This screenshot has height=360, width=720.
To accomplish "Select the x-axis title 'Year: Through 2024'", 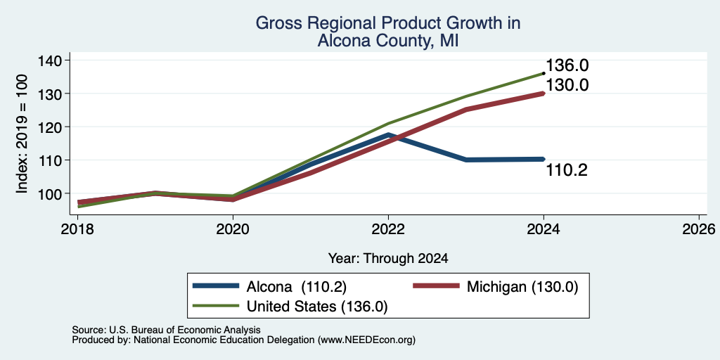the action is (x=388, y=259).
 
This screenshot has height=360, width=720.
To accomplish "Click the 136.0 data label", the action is (x=567, y=65).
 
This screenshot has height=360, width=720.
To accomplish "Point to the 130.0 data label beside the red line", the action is (x=567, y=85).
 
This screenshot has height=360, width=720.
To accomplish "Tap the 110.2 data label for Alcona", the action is (x=567, y=171).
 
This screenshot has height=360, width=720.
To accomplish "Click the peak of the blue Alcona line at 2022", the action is (x=388, y=135).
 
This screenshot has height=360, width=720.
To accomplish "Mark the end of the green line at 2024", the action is (x=544, y=73).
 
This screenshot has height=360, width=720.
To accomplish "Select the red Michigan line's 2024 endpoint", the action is (x=544, y=94).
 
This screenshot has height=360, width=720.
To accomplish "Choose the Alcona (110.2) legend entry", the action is (x=269, y=286).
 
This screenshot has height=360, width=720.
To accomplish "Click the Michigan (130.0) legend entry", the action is (x=496, y=286).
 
